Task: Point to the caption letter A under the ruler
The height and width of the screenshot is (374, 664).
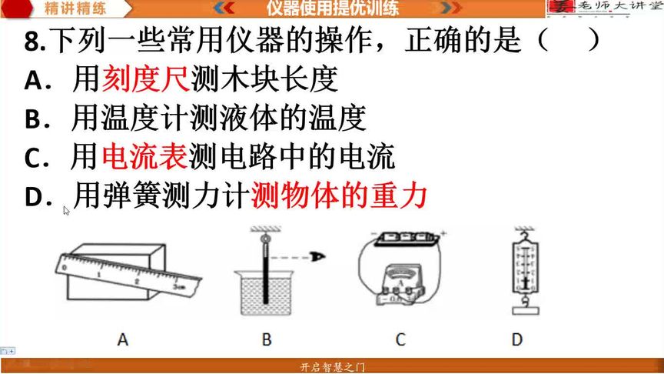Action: coord(122,339)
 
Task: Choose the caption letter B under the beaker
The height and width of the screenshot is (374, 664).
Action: coord(267,339)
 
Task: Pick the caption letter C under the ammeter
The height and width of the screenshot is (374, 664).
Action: coord(400,339)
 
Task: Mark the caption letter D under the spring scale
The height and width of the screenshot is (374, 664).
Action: coord(516,339)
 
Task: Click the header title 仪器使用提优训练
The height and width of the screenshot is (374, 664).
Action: coord(332,8)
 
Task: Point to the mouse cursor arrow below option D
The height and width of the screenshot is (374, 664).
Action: coord(67,211)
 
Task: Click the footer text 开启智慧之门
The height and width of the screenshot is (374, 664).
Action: coord(332,367)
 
